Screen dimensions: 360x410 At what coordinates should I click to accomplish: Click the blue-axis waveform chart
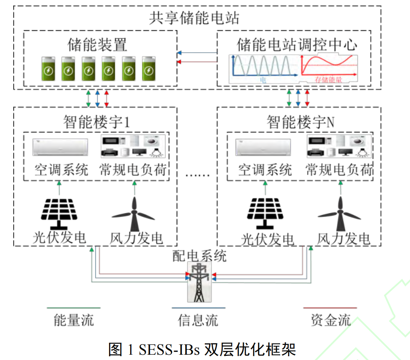262,67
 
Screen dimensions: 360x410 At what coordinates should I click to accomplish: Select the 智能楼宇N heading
301,122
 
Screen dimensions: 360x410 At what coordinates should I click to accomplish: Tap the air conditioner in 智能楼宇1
60,147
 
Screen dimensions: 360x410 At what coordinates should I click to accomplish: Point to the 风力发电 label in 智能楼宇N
343,239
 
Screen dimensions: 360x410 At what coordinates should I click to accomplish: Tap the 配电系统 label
200,256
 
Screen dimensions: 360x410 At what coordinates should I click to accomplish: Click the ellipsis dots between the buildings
197,175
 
